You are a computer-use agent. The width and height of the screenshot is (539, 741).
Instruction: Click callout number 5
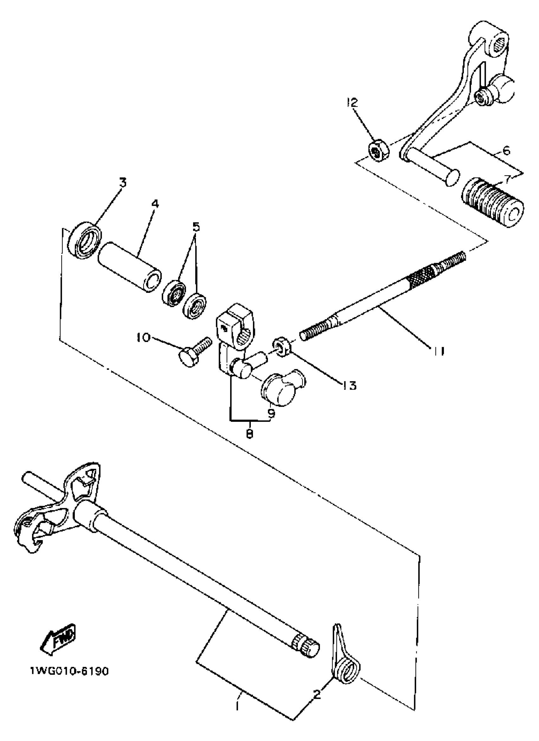195,226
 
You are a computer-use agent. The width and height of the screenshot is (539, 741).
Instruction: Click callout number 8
250,434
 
